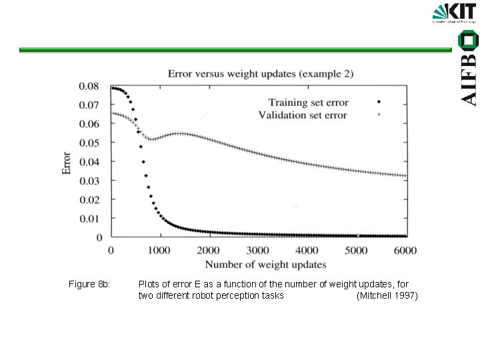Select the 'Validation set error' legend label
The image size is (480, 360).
[x=302, y=115]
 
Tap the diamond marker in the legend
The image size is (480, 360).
[x=379, y=102]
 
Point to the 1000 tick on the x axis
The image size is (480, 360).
[x=159, y=250]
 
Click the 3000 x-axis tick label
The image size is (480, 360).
[x=258, y=250]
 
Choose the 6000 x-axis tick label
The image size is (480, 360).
[x=405, y=250]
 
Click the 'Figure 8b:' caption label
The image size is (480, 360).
[x=89, y=285]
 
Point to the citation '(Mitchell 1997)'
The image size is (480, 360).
[x=387, y=295]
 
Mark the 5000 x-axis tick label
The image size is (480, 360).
[x=356, y=250]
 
